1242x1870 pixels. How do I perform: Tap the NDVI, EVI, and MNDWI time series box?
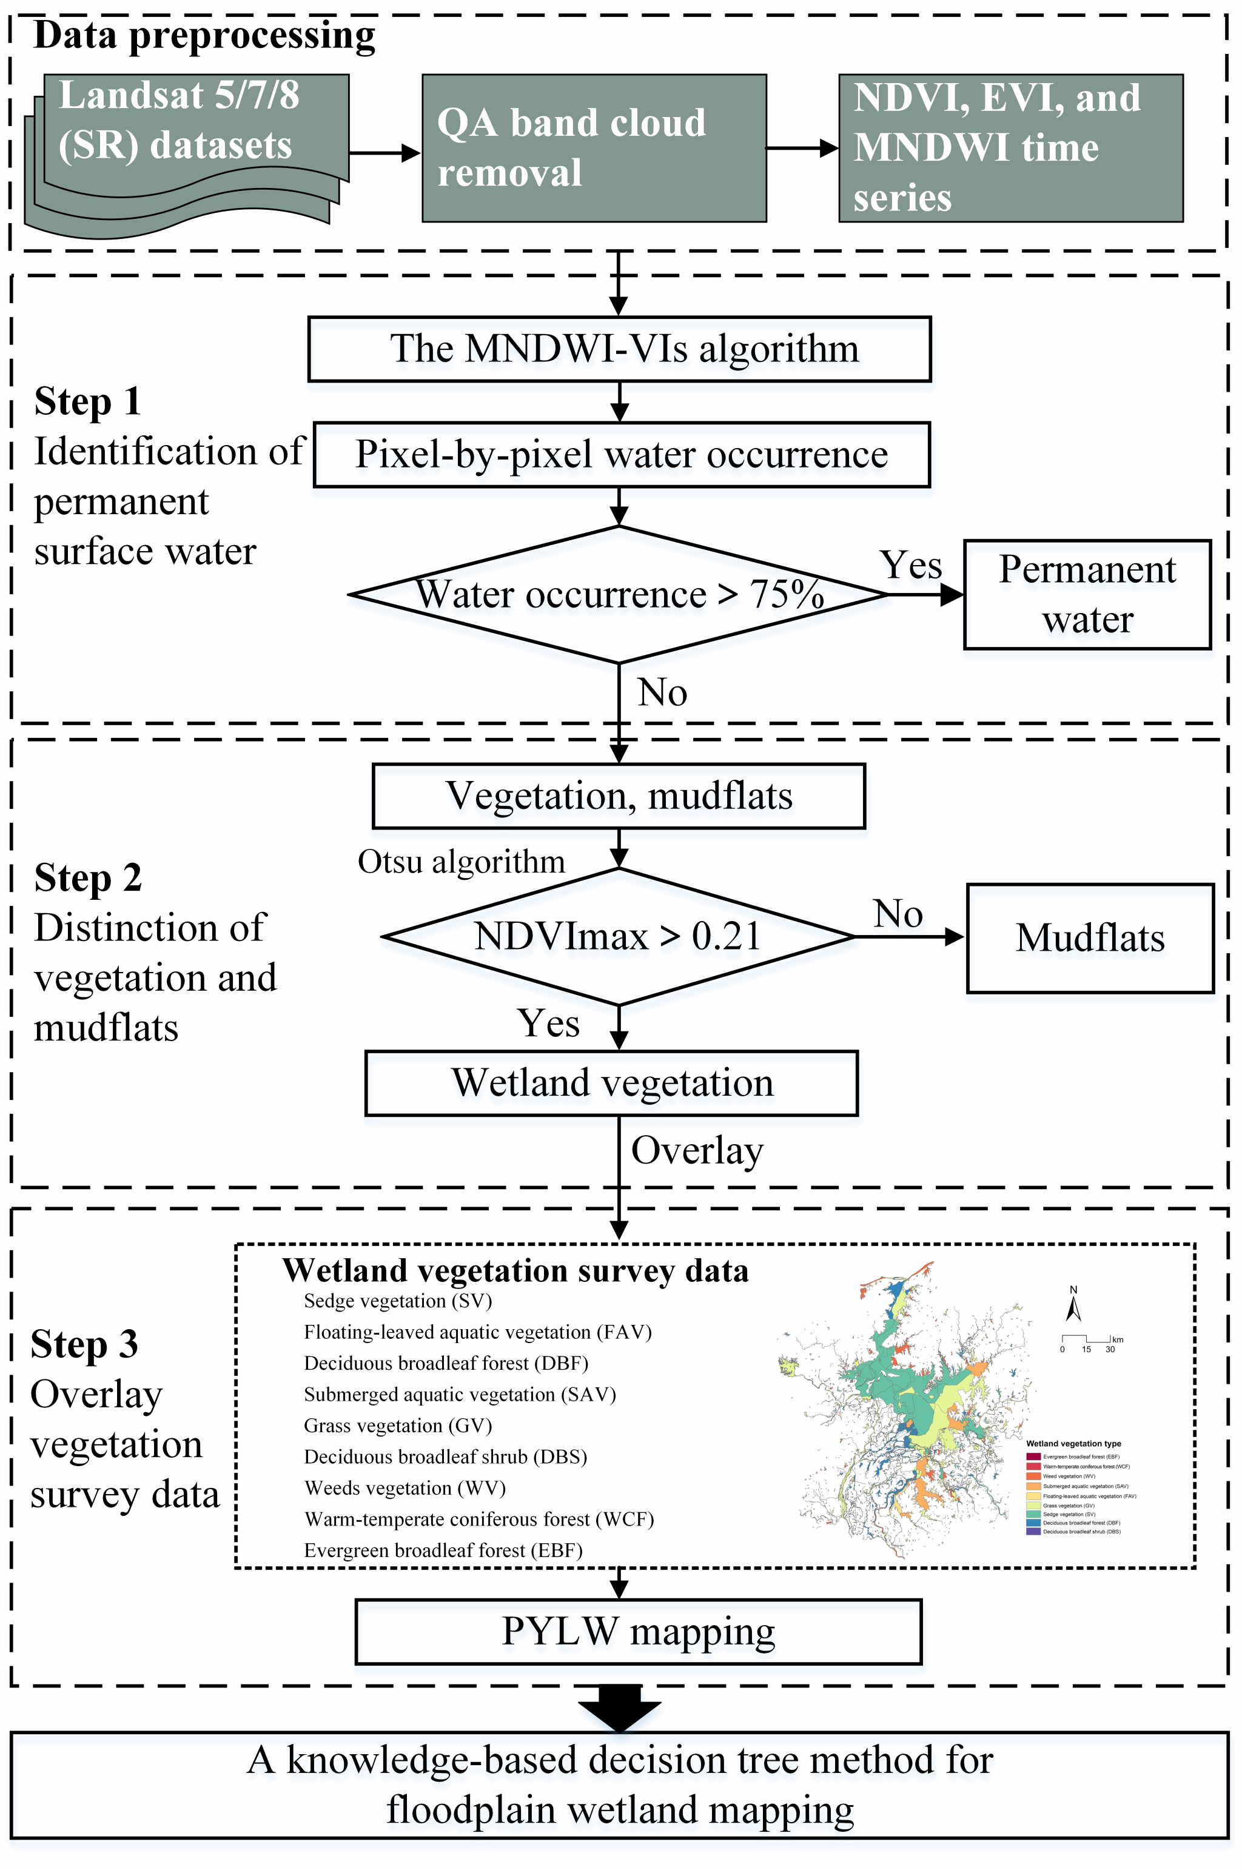tap(1010, 148)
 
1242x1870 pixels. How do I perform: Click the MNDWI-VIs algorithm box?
tap(619, 349)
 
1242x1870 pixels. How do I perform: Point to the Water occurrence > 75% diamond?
tap(619, 594)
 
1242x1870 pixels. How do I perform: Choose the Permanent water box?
tap(1087, 594)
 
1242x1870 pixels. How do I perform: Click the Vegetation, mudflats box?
tap(619, 796)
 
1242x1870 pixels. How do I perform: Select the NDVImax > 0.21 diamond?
tap(618, 936)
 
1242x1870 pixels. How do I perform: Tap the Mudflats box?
tap(1090, 938)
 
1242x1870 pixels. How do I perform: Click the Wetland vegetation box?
tap(611, 1083)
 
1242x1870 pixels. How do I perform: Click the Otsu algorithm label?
tap(461, 862)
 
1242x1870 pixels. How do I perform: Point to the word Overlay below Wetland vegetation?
tap(697, 1151)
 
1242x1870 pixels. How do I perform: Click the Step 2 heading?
tap(88, 877)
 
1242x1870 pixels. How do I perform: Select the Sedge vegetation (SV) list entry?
tap(398, 1301)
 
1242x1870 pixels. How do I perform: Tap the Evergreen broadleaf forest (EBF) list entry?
tap(443, 1550)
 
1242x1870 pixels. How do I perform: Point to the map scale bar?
tap(1090, 1339)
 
